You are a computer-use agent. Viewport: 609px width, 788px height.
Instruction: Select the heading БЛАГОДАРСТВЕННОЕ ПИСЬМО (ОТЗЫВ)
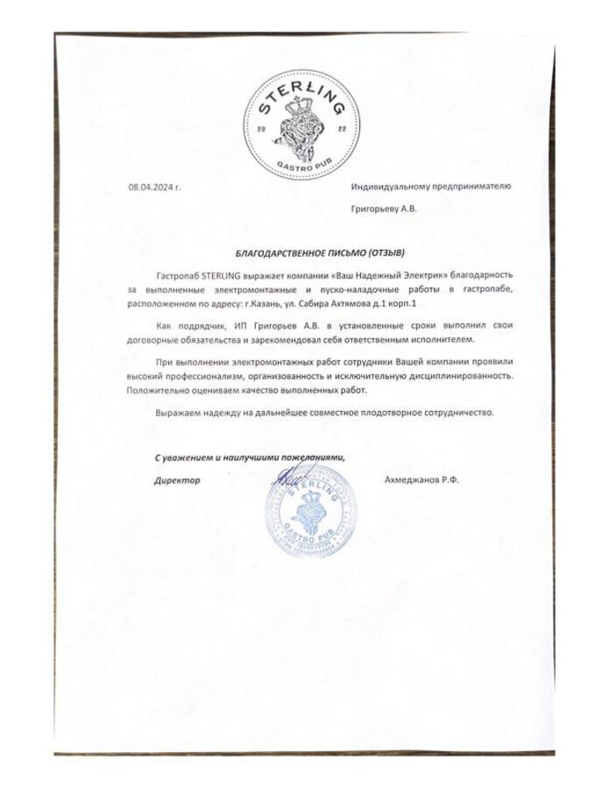[x=312, y=252]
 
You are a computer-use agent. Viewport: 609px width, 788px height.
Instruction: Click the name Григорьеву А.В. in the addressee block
[x=384, y=210]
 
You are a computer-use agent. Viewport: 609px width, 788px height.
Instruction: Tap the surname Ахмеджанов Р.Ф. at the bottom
[x=422, y=480]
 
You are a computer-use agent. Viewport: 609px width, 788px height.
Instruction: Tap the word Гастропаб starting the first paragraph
[x=178, y=275]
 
